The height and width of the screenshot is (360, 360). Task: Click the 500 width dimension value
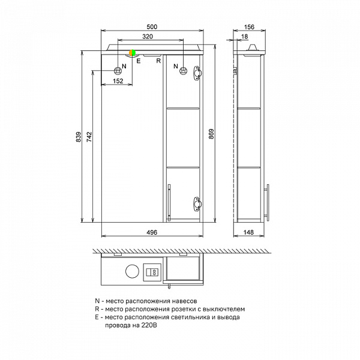click(x=152, y=27)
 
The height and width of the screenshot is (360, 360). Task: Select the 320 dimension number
click(x=148, y=37)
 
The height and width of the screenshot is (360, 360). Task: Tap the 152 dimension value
click(x=118, y=81)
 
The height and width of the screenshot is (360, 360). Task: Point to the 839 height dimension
click(x=79, y=137)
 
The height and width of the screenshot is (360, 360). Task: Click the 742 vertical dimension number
click(x=89, y=137)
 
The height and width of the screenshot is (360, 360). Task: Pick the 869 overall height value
click(x=211, y=134)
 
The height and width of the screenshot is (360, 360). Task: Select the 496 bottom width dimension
click(x=152, y=232)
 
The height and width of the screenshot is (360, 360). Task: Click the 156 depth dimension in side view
click(x=249, y=27)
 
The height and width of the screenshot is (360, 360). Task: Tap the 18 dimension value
click(x=245, y=37)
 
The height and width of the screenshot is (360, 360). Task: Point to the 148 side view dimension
click(x=248, y=232)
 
